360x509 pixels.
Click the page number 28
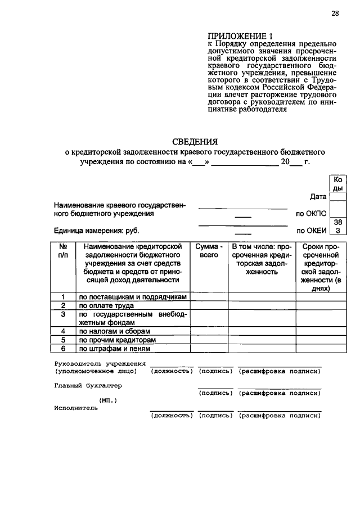[335, 14]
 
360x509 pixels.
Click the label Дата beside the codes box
[318, 197]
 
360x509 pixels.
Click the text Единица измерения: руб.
[96, 231]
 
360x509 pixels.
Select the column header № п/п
[63, 251]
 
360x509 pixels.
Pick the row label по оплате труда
[106, 305]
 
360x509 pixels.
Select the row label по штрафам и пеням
[114, 349]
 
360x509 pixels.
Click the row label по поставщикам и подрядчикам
[132, 296]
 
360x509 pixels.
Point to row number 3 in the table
[63, 314]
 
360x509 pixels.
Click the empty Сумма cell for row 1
[209, 296]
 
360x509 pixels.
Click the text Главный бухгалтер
[88, 386]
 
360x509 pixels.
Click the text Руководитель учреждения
[100, 364]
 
